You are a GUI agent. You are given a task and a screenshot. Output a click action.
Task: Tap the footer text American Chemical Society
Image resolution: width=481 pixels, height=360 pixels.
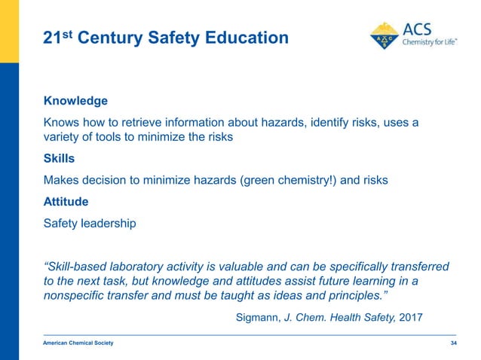[78, 343]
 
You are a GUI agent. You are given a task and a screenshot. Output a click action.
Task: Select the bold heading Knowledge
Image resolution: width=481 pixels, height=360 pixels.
[75, 100]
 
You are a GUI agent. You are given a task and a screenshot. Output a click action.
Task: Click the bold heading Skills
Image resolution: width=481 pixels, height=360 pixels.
[60, 159]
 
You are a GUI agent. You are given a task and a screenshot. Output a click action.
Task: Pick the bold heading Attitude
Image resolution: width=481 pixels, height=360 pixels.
[66, 202]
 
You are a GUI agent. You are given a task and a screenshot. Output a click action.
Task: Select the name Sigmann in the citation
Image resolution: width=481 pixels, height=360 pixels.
[257, 317]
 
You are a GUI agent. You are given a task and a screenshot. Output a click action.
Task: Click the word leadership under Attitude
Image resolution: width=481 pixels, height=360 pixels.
[110, 223]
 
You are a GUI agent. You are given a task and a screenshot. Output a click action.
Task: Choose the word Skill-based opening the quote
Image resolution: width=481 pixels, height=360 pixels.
[78, 266]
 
